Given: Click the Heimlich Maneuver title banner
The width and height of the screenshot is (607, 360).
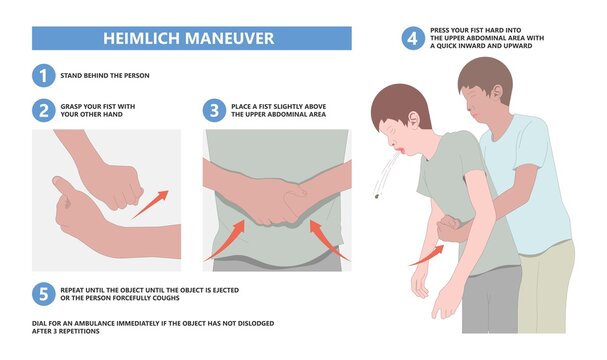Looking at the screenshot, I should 191,38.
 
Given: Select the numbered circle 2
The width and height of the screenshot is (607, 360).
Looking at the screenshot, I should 42,110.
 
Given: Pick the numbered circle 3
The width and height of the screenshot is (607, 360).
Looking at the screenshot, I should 214,110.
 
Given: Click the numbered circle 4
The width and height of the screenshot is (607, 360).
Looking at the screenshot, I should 412,39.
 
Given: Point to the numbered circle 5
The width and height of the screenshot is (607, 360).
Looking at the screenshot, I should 42,293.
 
